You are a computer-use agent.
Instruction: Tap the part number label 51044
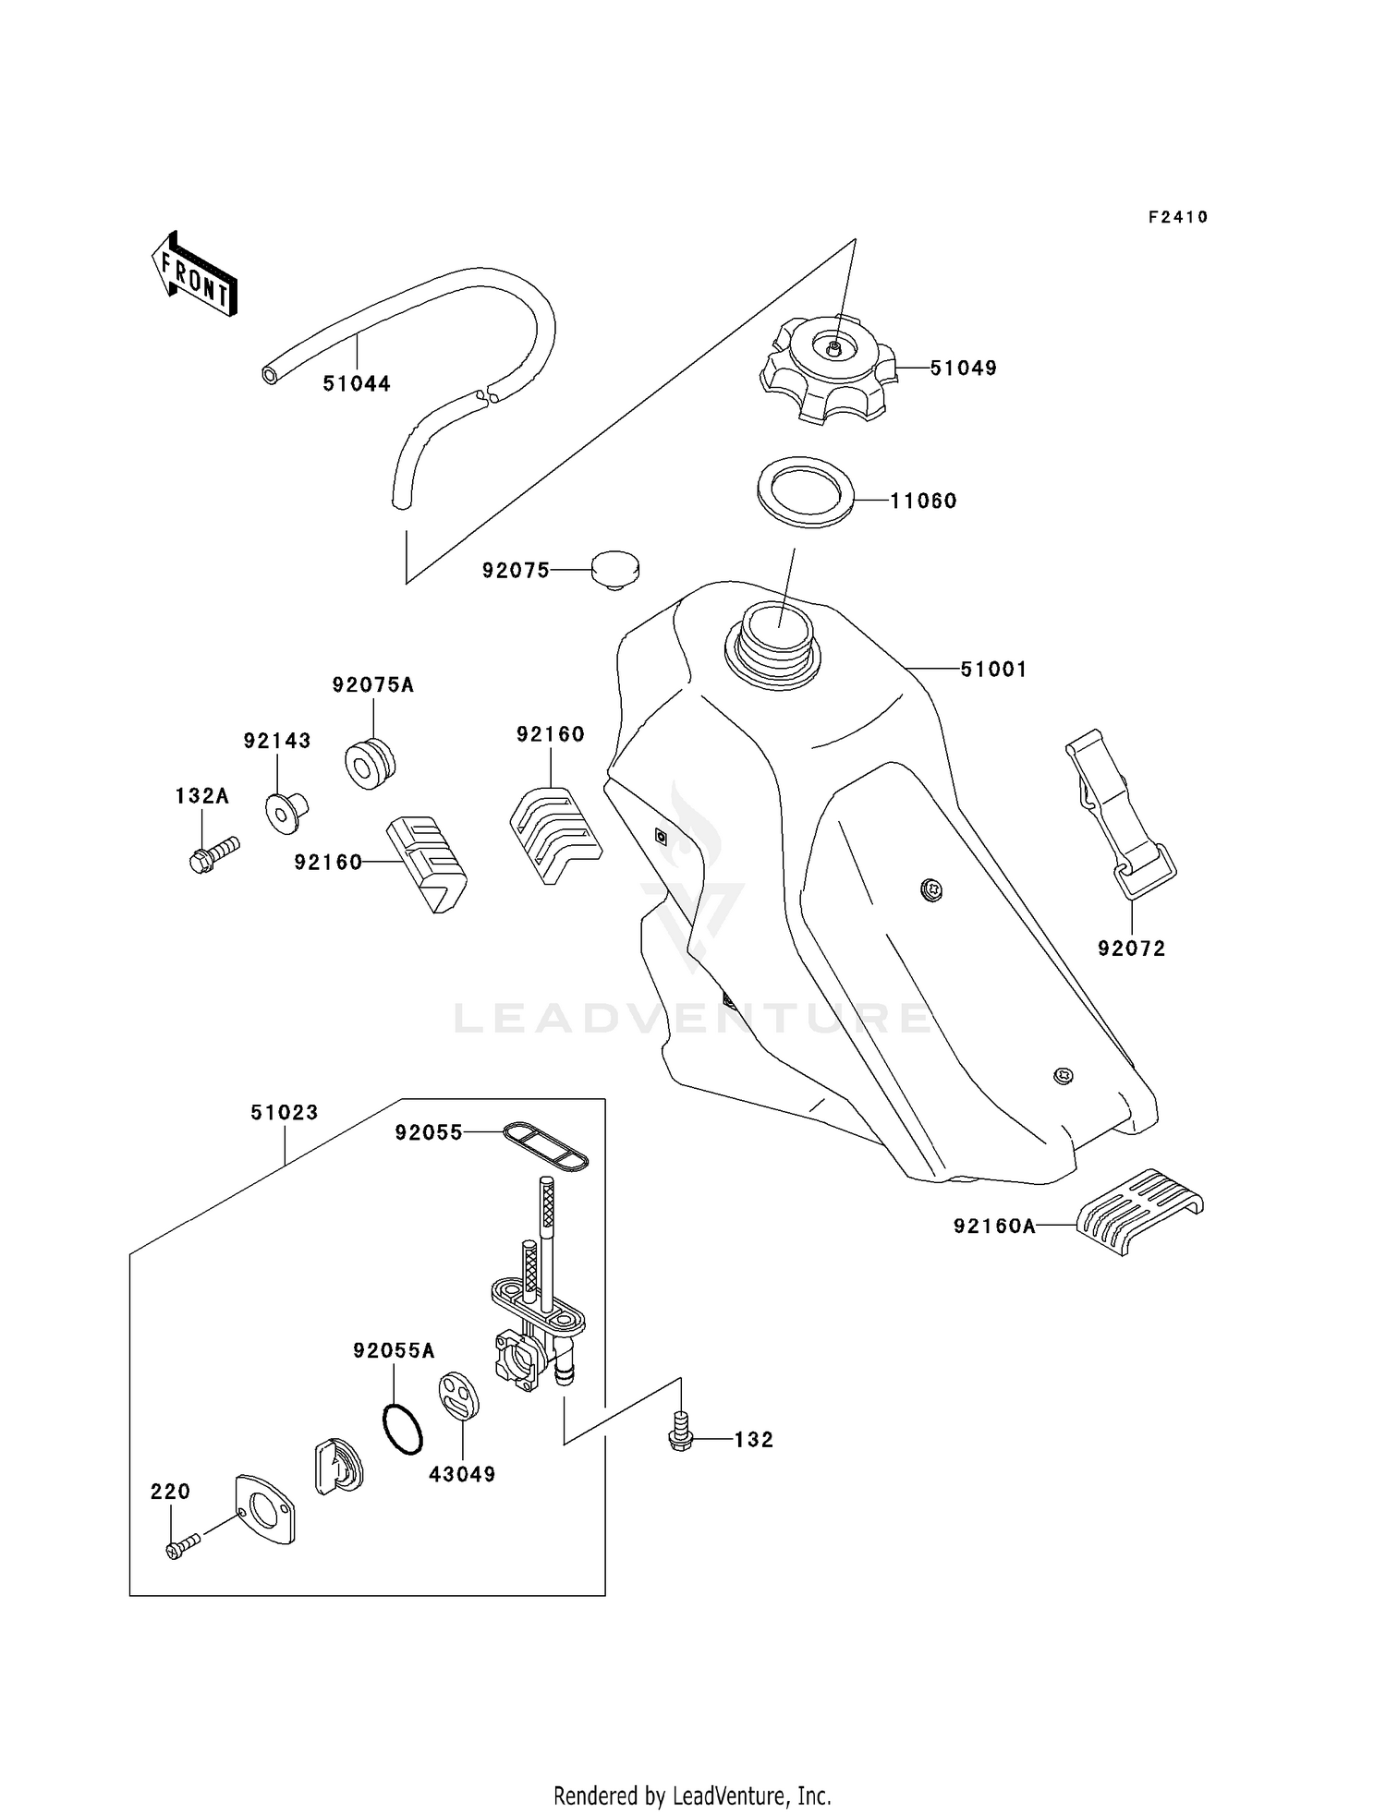[x=357, y=383]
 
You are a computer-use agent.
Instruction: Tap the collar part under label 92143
[x=286, y=810]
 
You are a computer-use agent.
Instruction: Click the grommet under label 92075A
[x=371, y=763]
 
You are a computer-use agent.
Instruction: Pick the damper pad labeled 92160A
[x=1141, y=1212]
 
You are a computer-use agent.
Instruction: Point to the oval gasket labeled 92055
[x=545, y=1146]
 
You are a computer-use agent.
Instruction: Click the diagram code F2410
[x=1178, y=217]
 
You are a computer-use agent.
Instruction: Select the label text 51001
[x=993, y=670]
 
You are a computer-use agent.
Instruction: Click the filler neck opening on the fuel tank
[x=776, y=628]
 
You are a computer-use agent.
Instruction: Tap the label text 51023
[x=284, y=1113]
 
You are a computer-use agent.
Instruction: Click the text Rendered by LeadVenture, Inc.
[x=692, y=1795]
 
